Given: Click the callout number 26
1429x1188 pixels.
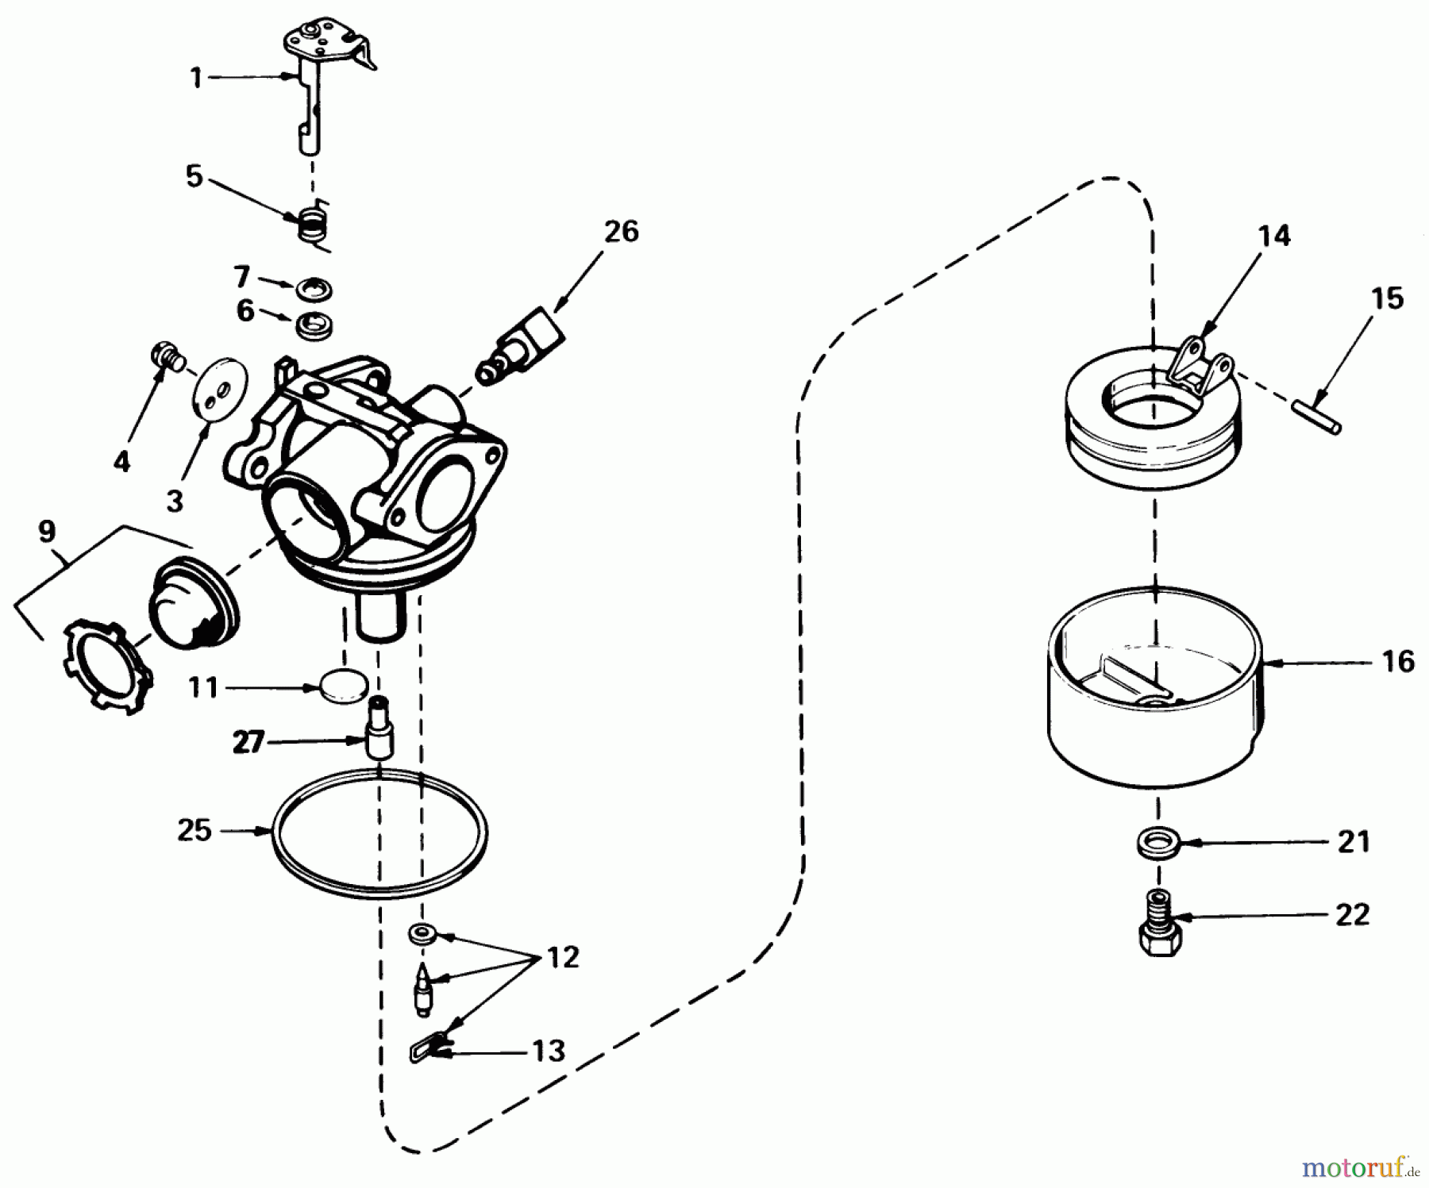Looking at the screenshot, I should click(621, 232).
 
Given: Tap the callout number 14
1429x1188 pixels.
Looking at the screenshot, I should click(1273, 236).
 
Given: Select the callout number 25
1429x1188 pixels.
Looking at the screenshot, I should click(195, 831).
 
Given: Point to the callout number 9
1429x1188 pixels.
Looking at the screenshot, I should click(47, 531).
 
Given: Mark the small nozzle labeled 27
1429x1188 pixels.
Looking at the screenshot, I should click(379, 729).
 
